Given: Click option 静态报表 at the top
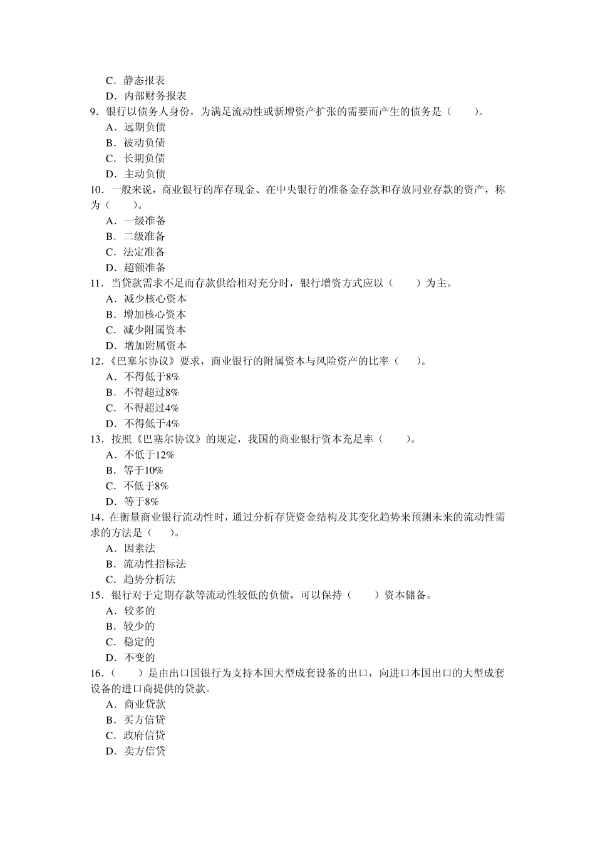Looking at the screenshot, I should pyautogui.click(x=144, y=80).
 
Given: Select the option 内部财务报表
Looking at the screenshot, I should pyautogui.click(x=155, y=96).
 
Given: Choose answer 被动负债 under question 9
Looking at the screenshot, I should pyautogui.click(x=144, y=143).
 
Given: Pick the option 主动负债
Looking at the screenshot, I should pyautogui.click(x=144, y=174).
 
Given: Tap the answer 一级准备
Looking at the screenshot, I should pyautogui.click(x=144, y=221).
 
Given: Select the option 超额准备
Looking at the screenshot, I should pyautogui.click(x=144, y=268).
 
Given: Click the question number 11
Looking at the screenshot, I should pyautogui.click(x=96, y=283).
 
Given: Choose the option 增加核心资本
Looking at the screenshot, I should pyautogui.click(x=155, y=314).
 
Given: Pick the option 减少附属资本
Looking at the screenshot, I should pyautogui.click(x=155, y=330).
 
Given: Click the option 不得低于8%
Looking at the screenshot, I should pyautogui.click(x=152, y=377).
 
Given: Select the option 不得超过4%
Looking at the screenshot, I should pyautogui.click(x=152, y=408).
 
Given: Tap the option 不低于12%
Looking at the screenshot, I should pyautogui.click(x=149, y=455).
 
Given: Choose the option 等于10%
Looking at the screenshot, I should pyautogui.click(x=143, y=470).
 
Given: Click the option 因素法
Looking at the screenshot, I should pyautogui.click(x=139, y=548).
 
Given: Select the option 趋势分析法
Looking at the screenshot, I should pyautogui.click(x=149, y=580).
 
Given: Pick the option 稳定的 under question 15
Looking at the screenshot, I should pyautogui.click(x=139, y=642).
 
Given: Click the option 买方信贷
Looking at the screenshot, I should pyautogui.click(x=144, y=720).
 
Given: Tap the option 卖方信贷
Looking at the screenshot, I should pyautogui.click(x=144, y=751).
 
